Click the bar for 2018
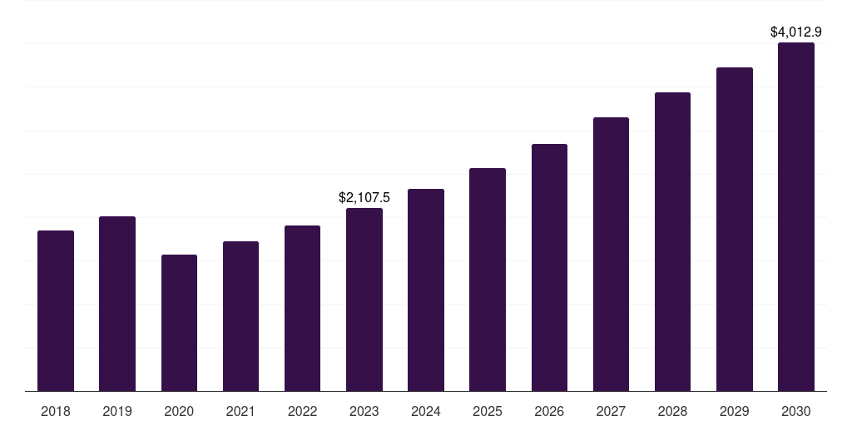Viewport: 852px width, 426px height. [56, 311]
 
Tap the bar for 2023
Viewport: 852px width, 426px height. [364, 300]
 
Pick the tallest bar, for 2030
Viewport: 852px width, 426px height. [796, 217]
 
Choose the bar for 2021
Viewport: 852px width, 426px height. [240, 316]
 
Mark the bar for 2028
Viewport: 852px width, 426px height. [672, 242]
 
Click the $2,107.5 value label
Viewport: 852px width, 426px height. [364, 198]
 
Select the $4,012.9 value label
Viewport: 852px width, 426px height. [796, 32]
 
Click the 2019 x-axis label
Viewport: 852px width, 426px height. [117, 411]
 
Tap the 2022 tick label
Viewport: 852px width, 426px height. [302, 411]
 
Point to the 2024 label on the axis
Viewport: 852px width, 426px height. [426, 411]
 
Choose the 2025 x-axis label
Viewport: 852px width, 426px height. [488, 411]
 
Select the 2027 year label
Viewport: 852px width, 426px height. [611, 411]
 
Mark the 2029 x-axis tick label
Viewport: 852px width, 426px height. [735, 411]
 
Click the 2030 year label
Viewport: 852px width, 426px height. [796, 411]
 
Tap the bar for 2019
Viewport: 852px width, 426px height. [117, 304]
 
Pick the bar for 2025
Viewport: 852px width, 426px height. [488, 280]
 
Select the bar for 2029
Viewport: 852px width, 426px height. [735, 230]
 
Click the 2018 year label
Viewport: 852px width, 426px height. [56, 411]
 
